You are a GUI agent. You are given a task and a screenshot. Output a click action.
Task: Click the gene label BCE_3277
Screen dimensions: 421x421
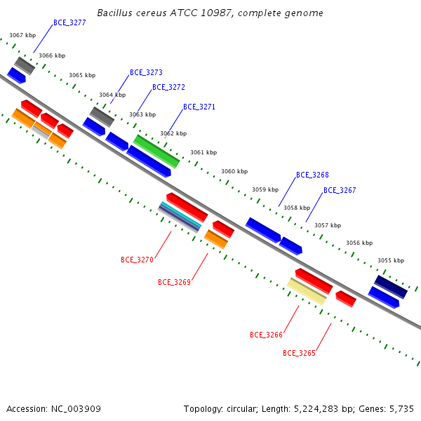coord(69,23)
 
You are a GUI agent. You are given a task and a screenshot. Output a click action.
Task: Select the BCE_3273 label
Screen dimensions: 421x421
coord(146,72)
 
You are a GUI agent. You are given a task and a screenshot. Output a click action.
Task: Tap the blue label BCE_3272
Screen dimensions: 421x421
coord(168,87)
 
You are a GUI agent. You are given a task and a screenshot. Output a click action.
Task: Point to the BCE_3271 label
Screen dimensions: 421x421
coord(199,107)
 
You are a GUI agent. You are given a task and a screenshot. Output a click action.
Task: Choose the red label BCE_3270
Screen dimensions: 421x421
coord(137,260)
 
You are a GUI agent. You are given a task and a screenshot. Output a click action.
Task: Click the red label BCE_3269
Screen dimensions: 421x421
coord(174,282)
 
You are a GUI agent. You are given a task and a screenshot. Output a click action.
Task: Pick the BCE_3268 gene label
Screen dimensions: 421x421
coord(312,175)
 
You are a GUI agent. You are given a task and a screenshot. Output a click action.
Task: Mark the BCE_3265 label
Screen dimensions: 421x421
coord(299,353)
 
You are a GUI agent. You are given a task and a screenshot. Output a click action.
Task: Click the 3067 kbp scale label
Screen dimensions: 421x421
coord(22,35)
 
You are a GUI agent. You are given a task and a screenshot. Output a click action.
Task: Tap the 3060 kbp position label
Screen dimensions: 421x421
coord(234,171)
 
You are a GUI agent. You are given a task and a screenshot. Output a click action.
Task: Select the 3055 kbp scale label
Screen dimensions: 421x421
coord(391,260)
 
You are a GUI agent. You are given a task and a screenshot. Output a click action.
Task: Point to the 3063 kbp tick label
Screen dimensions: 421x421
coord(142,114)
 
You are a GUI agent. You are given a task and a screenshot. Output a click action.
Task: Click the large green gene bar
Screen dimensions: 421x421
coord(156,152)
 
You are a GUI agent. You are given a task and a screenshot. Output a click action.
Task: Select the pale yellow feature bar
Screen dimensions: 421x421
coord(307,291)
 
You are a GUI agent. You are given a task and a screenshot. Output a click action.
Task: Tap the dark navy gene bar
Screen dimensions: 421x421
coord(391,287)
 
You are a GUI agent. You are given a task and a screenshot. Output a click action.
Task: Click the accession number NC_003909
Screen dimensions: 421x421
coord(76,409)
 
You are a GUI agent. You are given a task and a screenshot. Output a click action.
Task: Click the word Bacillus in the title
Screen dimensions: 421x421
coord(114,13)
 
